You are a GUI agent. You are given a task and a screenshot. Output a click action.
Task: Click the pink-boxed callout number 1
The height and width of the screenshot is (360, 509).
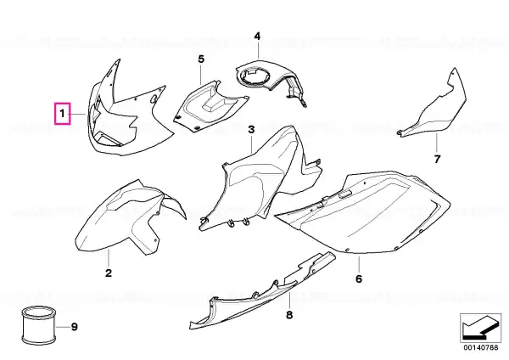coord(62,114)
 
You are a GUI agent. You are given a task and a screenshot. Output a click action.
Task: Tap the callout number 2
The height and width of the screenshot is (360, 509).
coord(109,273)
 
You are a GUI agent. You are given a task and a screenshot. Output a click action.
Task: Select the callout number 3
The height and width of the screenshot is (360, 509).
coord(252,130)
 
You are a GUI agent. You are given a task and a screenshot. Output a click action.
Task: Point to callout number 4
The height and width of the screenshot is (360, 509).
coord(257,36)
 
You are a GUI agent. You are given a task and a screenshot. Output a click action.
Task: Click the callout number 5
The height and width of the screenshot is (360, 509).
coord(201,59)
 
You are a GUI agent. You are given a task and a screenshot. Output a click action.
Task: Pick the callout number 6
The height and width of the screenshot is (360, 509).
coord(359,278)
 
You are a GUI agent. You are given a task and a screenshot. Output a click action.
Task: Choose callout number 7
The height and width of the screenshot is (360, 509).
coord(437,160)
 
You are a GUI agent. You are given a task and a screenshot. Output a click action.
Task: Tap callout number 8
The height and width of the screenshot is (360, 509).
coord(289,314)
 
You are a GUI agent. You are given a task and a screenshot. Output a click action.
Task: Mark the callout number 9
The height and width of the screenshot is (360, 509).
coord(75,327)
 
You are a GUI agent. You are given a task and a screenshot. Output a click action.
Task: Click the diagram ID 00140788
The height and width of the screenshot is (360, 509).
coord(481,347)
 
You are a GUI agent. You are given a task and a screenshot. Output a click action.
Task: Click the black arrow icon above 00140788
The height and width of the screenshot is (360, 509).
coord(481,328)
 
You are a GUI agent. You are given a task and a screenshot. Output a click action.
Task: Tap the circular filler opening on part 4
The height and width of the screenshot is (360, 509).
coord(255,76)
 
